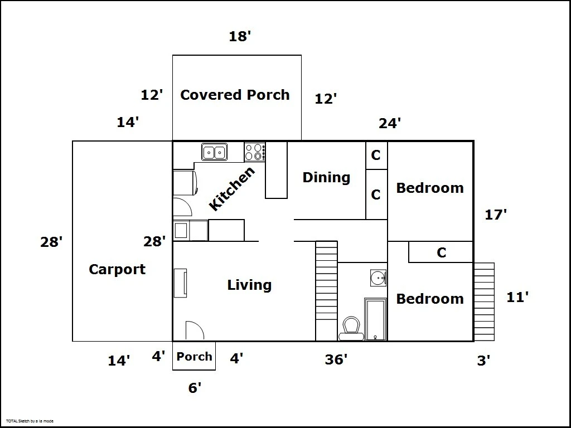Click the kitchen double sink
tap(215, 152)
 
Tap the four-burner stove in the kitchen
tap(254, 152)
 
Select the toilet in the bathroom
tap(351, 328)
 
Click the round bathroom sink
tap(378, 278)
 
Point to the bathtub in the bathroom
tap(375, 319)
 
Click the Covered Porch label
tap(235, 95)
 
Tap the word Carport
tap(117, 270)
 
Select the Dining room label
tap(326, 178)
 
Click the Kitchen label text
tap(232, 188)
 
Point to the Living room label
tap(249, 285)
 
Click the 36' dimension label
tap(336, 359)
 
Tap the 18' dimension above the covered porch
tap(240, 36)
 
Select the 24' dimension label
tap(390, 123)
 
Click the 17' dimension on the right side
tap(496, 215)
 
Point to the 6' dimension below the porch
tap(195, 388)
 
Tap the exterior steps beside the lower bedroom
tap(484, 301)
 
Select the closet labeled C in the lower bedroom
tap(441, 252)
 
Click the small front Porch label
tap(194, 356)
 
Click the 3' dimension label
tap(483, 361)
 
